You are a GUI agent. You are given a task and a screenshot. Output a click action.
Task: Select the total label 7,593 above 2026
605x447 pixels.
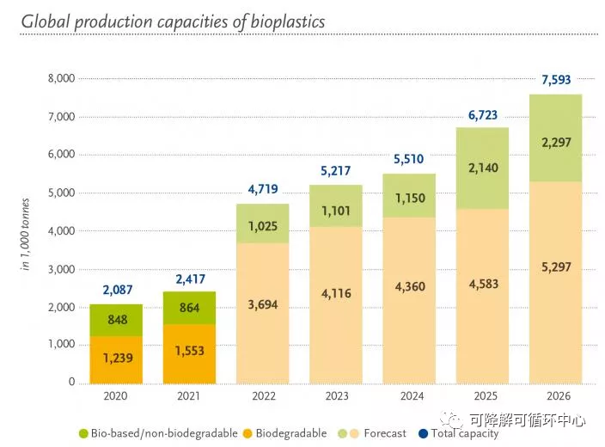point(555,80)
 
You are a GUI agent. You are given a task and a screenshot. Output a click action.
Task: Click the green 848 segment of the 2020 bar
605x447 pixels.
point(116,321)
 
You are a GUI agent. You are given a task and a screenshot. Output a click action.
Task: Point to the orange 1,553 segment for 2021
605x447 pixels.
point(189,351)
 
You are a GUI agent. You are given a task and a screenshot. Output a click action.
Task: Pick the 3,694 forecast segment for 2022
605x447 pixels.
point(262,306)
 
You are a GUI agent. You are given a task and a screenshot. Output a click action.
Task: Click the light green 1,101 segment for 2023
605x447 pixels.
point(335,211)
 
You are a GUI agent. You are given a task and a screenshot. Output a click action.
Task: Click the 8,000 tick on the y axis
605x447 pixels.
point(63,78)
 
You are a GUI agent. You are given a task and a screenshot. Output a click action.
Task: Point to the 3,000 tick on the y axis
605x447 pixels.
point(63,269)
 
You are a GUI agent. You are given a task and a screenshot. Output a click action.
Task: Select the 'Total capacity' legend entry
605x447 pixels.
point(461,433)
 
